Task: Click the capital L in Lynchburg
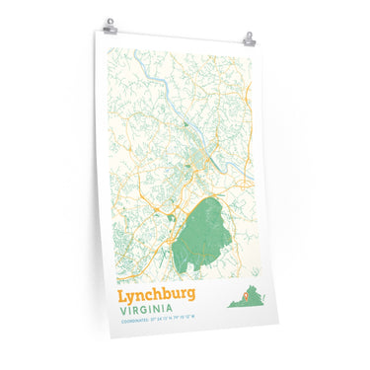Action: (122, 294)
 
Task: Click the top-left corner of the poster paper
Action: (97, 31)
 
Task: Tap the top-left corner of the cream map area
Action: (107, 47)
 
